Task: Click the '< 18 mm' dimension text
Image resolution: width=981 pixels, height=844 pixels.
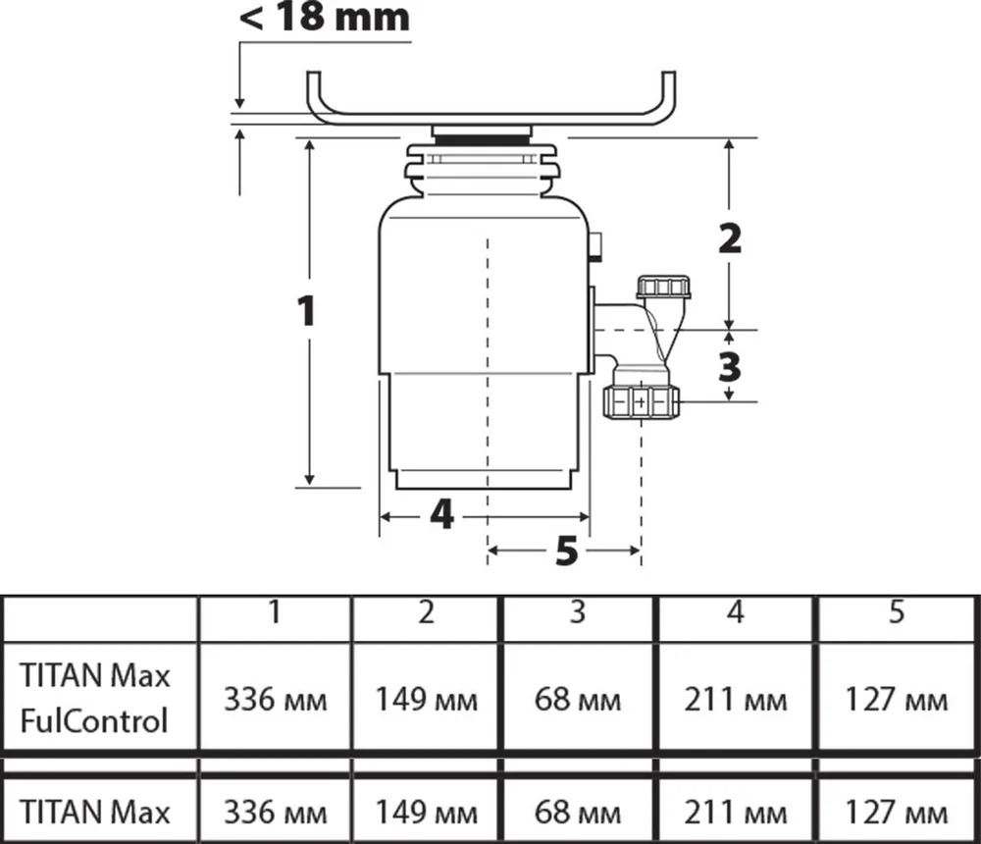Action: [x=325, y=17]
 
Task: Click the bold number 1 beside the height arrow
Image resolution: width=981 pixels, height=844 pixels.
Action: [x=306, y=311]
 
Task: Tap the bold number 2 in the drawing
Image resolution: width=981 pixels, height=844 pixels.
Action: [x=730, y=238]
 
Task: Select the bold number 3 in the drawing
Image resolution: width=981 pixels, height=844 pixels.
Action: [x=730, y=367]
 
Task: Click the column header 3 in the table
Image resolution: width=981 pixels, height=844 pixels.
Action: [x=578, y=611]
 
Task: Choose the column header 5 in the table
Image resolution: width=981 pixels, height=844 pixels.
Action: [x=897, y=611]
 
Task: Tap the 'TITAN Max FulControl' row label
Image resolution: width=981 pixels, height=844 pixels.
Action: [x=94, y=698]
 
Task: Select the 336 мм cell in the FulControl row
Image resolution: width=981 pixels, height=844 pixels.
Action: [x=276, y=700]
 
